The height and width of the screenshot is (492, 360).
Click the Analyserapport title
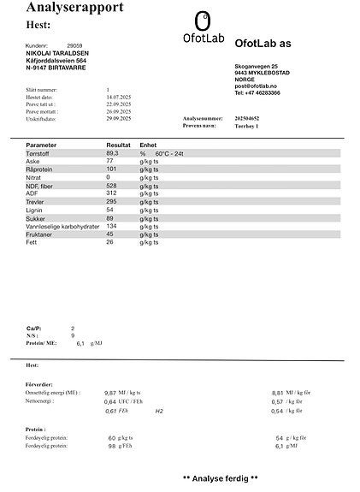tap(74, 8)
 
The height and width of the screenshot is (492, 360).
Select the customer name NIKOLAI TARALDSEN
tap(58, 53)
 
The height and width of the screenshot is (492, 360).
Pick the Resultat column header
tap(118, 145)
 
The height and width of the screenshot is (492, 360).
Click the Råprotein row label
tap(41, 169)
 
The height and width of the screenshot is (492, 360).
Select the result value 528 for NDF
tap(111, 186)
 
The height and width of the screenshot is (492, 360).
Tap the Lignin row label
tap(35, 210)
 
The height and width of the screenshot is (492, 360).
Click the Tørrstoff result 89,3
tap(112, 153)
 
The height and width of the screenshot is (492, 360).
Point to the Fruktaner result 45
tap(109, 234)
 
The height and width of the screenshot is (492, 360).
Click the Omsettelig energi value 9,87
tap(110, 392)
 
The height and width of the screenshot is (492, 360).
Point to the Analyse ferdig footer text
tap(221, 477)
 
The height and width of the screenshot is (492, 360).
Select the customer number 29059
tap(74, 44)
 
